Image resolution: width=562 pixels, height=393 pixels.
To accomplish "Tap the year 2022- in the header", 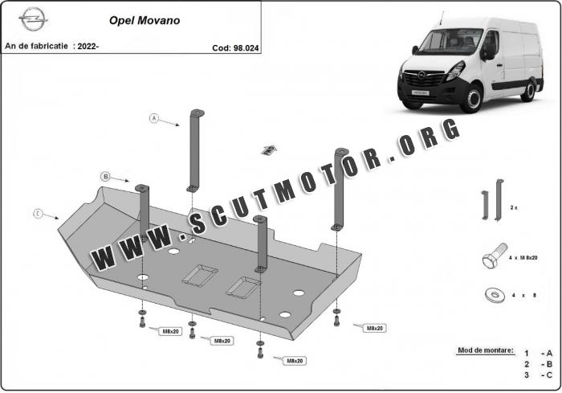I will (x=86, y=46).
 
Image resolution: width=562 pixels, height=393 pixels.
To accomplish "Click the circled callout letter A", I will (x=154, y=118).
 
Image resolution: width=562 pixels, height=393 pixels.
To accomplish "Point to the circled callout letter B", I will (x=105, y=176).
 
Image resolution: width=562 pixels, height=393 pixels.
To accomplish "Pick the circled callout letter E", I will (x=38, y=213).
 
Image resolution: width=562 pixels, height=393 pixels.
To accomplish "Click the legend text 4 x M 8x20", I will (x=523, y=257).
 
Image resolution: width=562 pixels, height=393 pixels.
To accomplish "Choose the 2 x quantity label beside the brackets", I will (x=514, y=207).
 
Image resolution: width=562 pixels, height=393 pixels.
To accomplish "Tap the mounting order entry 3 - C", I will (x=538, y=375).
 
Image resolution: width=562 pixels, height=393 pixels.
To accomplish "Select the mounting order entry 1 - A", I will (x=538, y=353).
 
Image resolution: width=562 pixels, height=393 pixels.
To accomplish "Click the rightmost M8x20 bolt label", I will (x=374, y=328).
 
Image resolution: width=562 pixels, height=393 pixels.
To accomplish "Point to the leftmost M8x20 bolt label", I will (x=170, y=330).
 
